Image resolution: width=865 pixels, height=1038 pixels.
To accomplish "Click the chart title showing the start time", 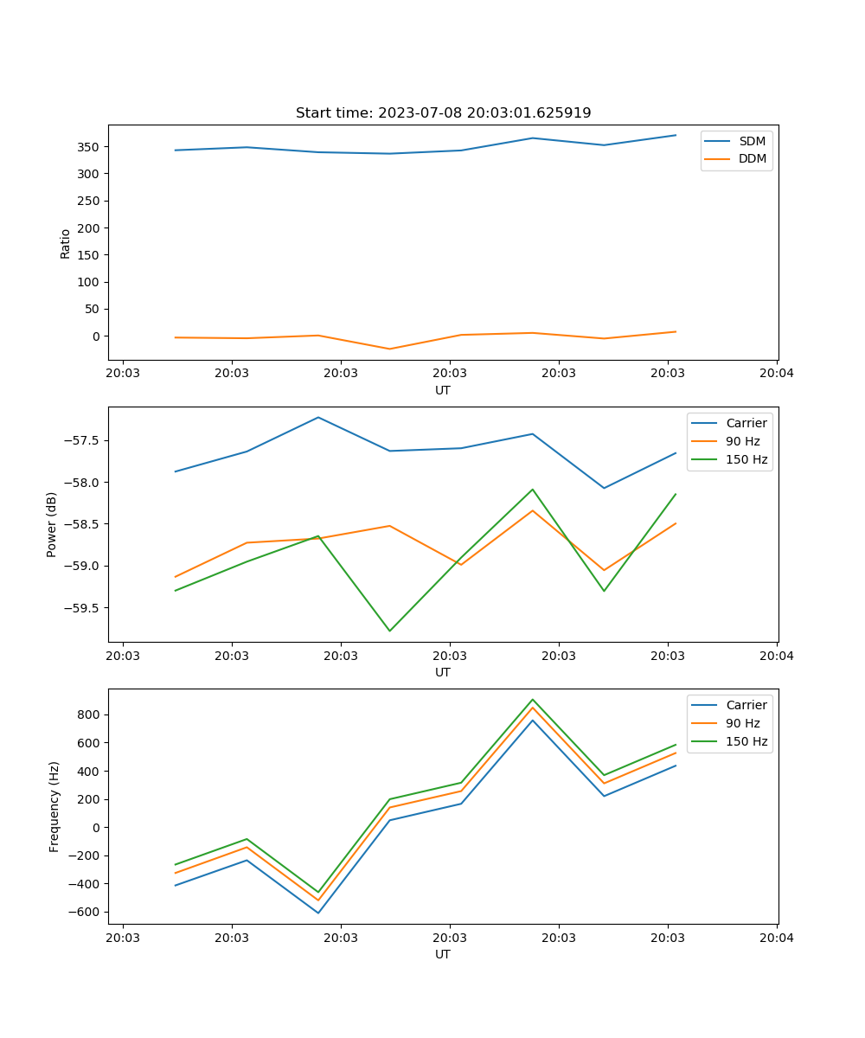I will [x=443, y=113].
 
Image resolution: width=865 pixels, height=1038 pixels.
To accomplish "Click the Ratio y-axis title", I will [x=66, y=242].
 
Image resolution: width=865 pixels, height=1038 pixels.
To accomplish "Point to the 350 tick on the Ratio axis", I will [x=91, y=147].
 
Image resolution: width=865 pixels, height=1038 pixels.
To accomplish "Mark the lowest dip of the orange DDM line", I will [x=389, y=349].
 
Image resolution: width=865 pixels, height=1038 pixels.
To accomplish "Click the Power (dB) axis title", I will [x=52, y=524].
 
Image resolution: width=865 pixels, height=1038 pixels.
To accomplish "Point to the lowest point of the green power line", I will [x=389, y=631].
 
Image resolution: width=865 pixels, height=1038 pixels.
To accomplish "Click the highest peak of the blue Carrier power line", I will [x=318, y=417].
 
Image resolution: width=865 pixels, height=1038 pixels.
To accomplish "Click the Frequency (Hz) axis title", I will [x=54, y=806].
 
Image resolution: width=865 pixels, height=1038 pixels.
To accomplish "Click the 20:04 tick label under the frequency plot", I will [x=776, y=937].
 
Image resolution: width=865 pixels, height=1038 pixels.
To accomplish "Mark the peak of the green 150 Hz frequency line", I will [x=532, y=699].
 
